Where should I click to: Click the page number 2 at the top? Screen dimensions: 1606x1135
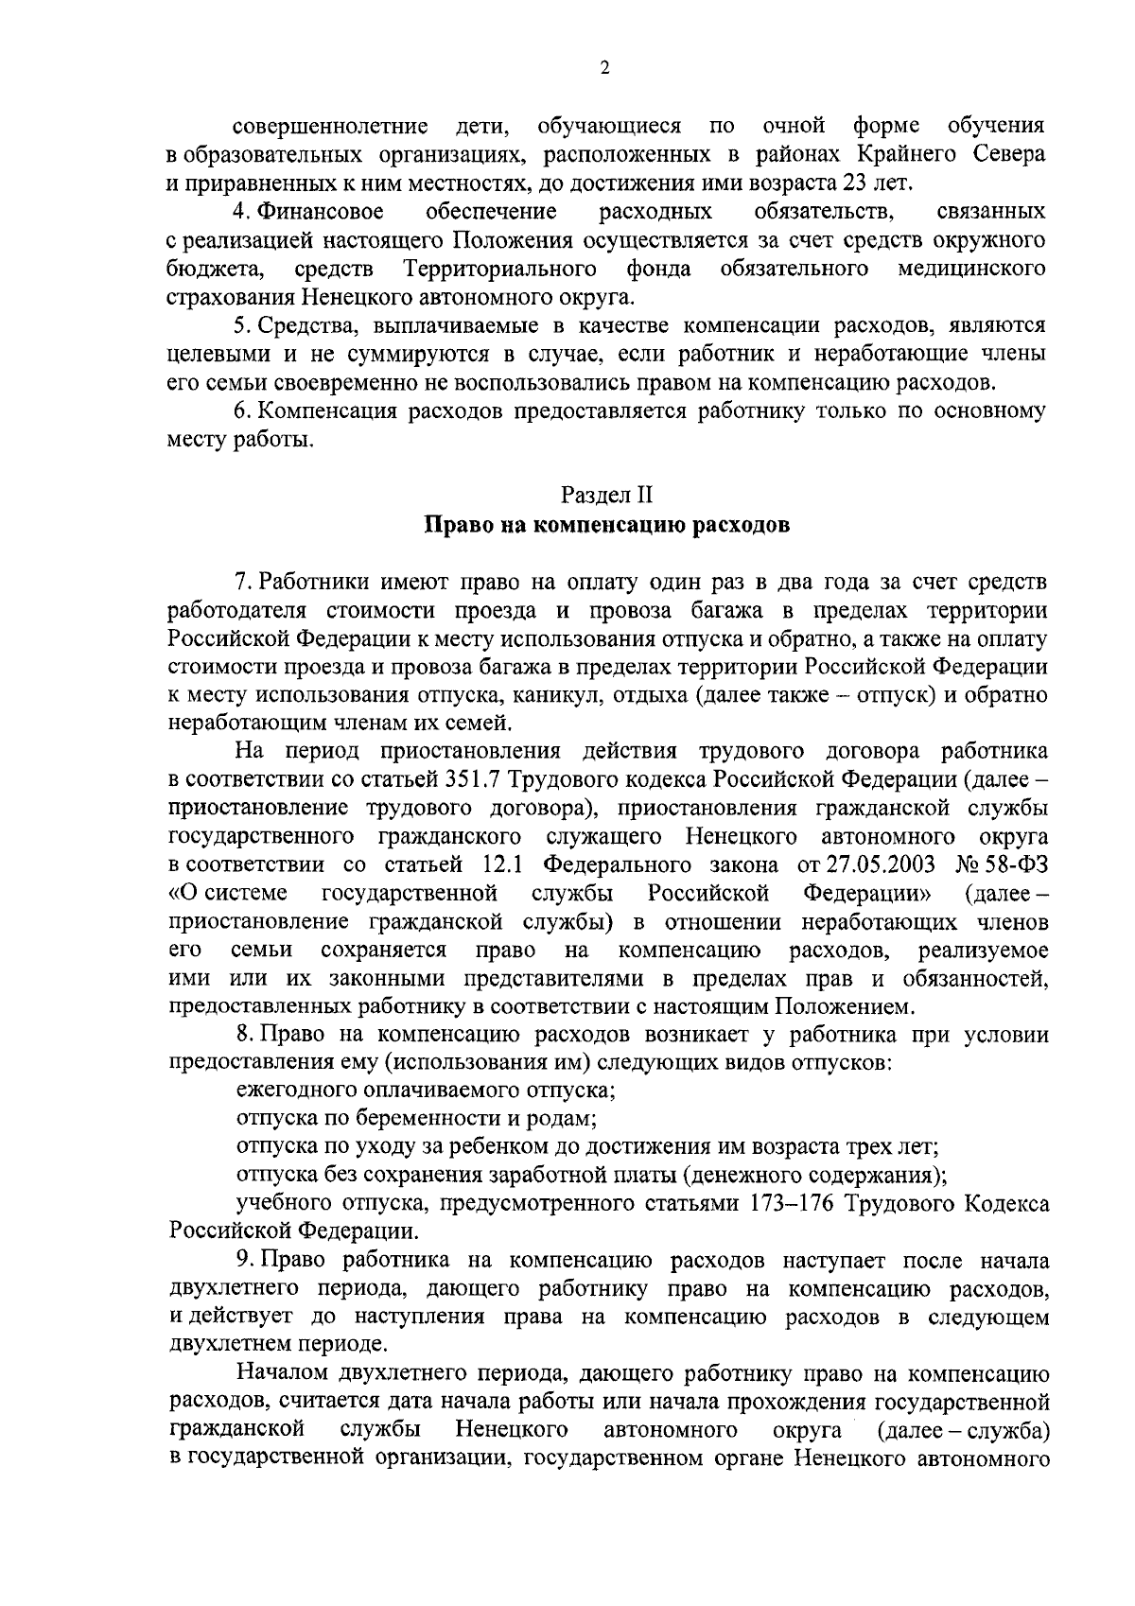(604, 68)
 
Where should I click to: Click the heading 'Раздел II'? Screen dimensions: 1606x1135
(606, 494)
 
